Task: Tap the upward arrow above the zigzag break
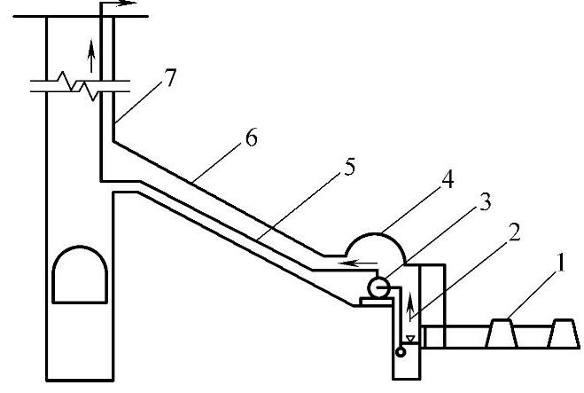pyautogui.click(x=90, y=55)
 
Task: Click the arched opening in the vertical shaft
pyautogui.click(x=80, y=277)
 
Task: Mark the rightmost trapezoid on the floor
pyautogui.click(x=564, y=334)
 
